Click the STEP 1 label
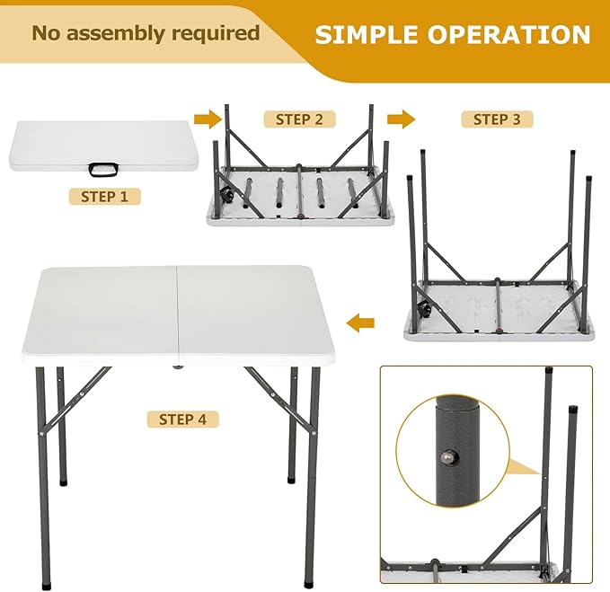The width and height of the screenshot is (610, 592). (x=104, y=197)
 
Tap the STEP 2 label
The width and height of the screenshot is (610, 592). (x=299, y=119)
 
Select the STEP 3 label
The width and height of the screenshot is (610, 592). (x=497, y=119)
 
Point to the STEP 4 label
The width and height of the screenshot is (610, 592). (x=182, y=420)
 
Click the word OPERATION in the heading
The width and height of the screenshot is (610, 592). (x=508, y=34)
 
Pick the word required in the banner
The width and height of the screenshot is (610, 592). (x=216, y=33)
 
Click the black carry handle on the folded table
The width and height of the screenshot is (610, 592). (x=103, y=170)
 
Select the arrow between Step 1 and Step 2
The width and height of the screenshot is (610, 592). (x=208, y=119)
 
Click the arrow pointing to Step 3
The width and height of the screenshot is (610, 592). (x=401, y=119)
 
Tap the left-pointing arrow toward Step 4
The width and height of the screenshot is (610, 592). (x=360, y=323)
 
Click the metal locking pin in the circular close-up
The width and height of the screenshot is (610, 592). (x=447, y=457)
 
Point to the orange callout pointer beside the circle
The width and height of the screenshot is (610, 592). (x=525, y=467)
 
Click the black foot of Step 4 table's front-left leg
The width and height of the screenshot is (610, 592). (x=46, y=586)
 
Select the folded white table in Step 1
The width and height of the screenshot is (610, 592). (x=103, y=146)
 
